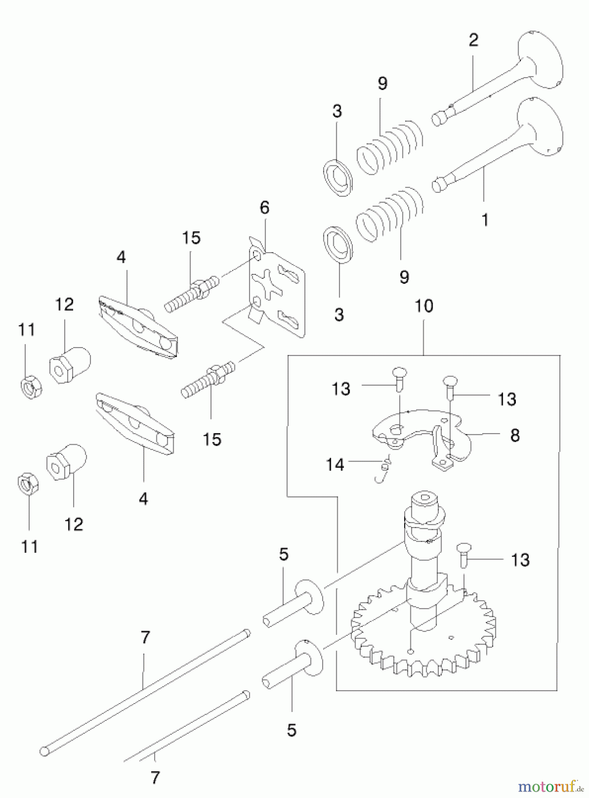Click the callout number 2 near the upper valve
pos(473,40)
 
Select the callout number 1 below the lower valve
pos(485,219)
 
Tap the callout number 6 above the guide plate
pos(264,207)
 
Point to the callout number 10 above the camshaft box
pos(424,306)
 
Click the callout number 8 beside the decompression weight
pos(515,435)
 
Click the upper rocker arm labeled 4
pos(137,326)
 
